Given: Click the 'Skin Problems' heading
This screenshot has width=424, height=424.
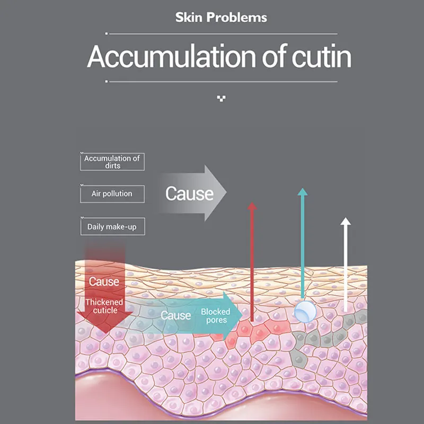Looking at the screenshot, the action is pos(221,17).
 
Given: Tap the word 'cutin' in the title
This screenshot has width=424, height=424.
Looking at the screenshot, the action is pos(322,56).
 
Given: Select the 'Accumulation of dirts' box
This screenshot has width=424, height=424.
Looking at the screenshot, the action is pos(112,162).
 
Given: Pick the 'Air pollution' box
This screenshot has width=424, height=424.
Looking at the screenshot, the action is pos(112,194).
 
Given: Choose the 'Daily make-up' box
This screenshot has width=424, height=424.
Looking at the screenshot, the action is pos(112,226).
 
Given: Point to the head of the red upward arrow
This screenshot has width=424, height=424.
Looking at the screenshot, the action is pos(252,206).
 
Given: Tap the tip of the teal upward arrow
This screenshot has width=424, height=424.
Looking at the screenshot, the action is pos(302,189).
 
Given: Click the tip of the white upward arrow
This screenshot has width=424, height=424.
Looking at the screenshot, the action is pos(346,218).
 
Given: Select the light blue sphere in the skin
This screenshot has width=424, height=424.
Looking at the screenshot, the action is pos(305,312).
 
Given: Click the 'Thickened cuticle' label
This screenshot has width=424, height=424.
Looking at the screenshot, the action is pos(104,306).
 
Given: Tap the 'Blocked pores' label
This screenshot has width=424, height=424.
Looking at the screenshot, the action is pos(216,315).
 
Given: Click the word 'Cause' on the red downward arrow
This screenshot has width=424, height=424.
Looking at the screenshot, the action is pos(104,282).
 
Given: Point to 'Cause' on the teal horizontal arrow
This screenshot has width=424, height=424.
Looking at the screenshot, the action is pos(176,315).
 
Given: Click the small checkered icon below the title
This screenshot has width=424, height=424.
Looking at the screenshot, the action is pos(221,99).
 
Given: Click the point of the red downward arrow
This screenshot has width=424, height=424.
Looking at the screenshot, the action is pos(105,333).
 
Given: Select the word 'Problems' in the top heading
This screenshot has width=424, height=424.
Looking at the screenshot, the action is pos(237,17).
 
